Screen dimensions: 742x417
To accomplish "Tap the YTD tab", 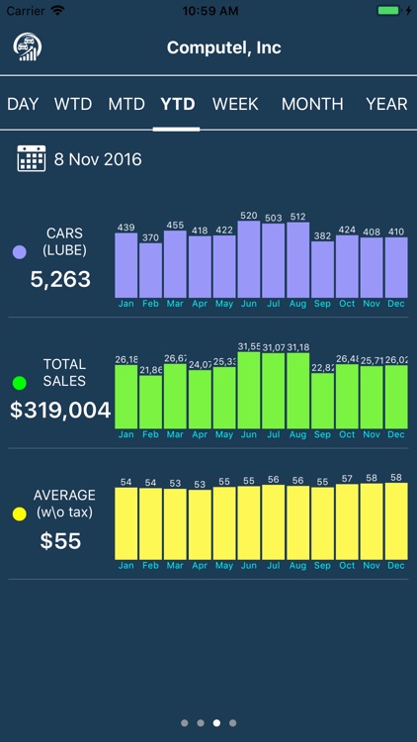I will point(178,104).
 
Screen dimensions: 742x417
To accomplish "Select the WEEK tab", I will point(235,104).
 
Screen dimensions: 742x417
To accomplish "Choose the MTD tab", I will point(126,104).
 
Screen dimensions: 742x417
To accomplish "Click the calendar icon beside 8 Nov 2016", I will point(32,158).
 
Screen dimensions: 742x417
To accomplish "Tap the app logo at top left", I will point(26,47).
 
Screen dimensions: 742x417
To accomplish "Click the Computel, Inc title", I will point(224,47).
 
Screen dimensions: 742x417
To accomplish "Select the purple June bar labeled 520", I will point(249,259).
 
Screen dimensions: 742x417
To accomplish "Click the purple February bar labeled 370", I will point(150,270).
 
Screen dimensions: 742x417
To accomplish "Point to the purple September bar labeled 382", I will point(322,269).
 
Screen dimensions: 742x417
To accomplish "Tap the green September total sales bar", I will point(322,401).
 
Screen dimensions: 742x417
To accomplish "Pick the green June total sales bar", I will point(249,390).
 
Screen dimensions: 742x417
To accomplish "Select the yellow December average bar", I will point(395,521).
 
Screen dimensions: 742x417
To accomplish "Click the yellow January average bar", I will point(126,523).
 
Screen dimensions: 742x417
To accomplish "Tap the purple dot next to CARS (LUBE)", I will point(19,252).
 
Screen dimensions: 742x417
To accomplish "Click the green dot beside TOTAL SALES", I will point(19,383).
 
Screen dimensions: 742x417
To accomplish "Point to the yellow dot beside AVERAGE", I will point(19,514).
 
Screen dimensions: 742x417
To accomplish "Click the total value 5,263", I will point(60,280).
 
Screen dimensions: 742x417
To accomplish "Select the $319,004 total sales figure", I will point(60,411).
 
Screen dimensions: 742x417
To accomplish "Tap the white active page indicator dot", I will point(216,723).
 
